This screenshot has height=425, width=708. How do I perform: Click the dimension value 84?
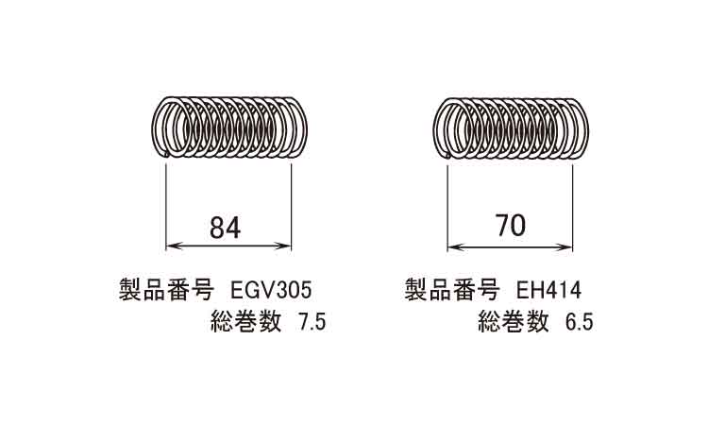226,228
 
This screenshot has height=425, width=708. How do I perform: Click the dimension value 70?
511,226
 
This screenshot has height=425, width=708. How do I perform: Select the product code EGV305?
271,290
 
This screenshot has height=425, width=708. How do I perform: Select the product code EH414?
548,290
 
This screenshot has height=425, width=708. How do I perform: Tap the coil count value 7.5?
310,322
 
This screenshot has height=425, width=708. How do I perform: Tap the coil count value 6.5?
580,322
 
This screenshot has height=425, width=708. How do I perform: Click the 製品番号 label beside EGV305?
166,290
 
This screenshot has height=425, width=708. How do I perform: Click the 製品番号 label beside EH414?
451,290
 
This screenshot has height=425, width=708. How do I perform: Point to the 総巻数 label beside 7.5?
246,321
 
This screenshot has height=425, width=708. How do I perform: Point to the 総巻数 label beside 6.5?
514,321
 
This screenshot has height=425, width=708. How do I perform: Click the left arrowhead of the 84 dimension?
174,246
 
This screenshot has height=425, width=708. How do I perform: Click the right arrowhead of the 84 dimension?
283,246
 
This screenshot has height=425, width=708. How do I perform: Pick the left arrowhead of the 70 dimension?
455,247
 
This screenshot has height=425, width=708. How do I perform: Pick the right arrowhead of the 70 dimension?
565,247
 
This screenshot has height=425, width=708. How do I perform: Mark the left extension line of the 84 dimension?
166,207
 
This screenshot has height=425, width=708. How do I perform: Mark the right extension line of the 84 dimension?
292,207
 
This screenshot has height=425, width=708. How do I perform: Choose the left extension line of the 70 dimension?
447,208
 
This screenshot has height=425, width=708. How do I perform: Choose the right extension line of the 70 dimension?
573,208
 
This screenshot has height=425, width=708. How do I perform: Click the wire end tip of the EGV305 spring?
166,155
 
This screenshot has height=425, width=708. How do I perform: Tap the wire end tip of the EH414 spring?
447,156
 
